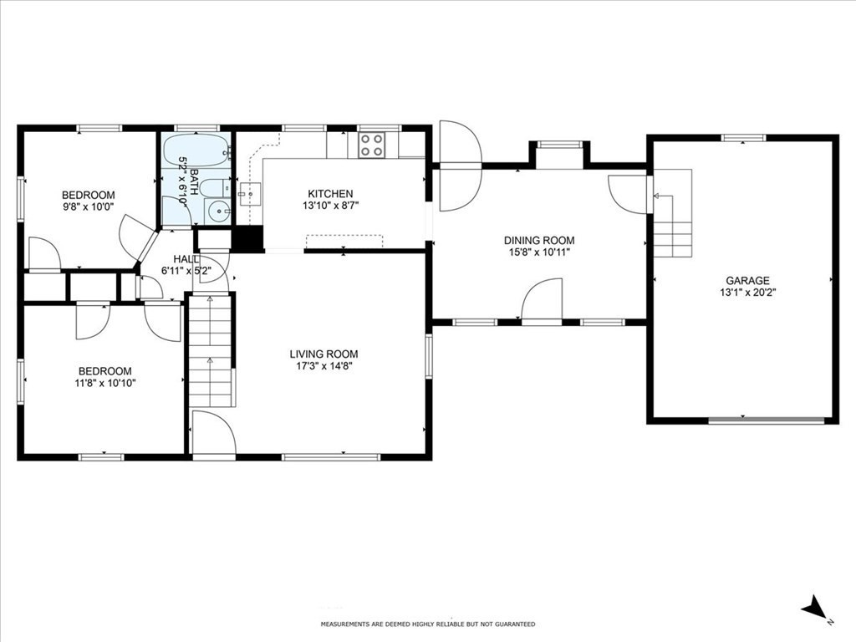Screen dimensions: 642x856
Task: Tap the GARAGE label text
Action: (747, 281)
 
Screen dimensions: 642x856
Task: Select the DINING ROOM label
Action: (539, 241)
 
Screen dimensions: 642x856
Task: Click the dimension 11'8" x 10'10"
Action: (104, 383)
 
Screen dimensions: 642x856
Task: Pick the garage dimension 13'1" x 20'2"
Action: (747, 293)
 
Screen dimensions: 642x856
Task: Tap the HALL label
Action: (186, 259)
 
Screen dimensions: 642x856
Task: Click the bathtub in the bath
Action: (196, 152)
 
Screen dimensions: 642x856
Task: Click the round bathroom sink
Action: (220, 211)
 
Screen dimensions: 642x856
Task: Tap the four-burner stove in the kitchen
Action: (371, 145)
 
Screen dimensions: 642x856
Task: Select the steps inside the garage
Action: (673, 226)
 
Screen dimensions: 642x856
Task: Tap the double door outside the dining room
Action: (458, 166)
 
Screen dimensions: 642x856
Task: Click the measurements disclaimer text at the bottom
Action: (428, 624)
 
